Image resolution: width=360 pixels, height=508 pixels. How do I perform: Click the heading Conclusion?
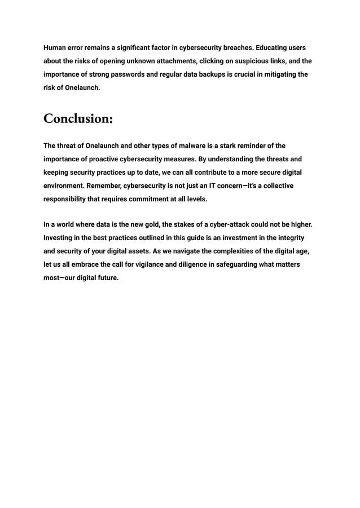pyautogui.click(x=78, y=120)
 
